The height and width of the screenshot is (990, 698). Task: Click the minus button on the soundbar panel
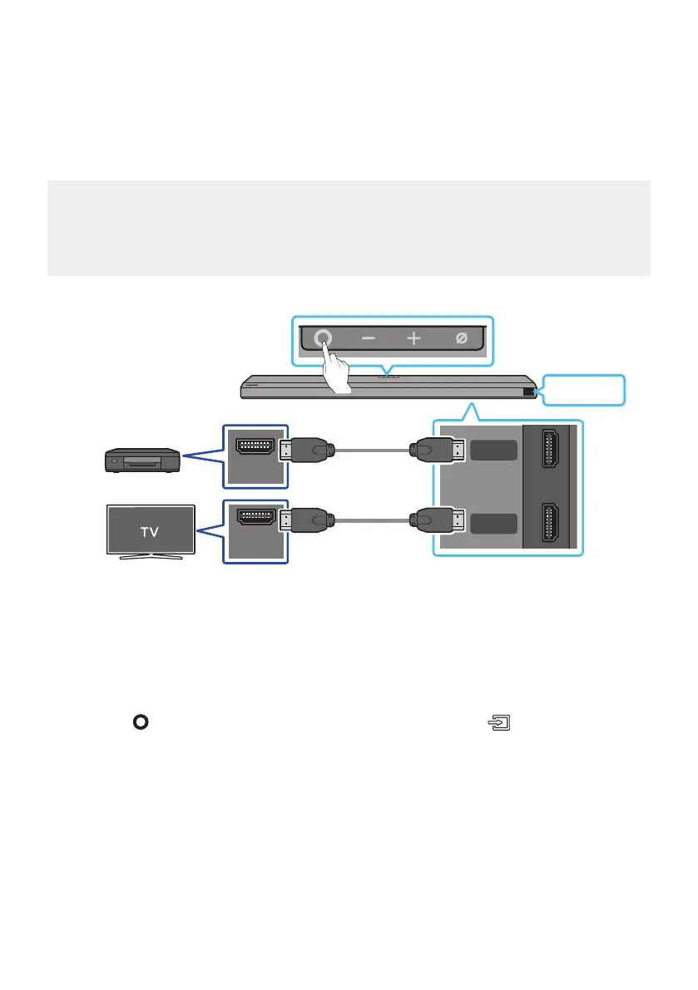pos(368,339)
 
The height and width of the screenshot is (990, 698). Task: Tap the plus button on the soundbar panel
pos(413,339)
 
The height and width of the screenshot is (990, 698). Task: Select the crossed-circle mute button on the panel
pos(460,339)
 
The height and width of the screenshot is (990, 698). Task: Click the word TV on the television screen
pos(150,532)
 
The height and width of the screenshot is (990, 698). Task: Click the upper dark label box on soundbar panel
pos(493,451)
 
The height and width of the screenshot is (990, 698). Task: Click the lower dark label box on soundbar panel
pos(493,525)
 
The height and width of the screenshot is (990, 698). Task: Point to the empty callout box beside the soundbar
pos(584,390)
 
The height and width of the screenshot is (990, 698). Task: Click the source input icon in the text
pos(497,723)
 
